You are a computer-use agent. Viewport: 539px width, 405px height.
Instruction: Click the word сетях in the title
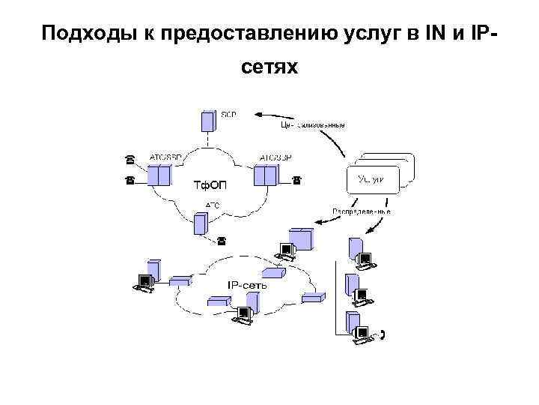tap(269, 68)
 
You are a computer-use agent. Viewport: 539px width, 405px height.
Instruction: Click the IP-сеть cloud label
tap(246, 285)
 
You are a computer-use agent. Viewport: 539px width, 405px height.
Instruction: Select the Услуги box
tap(372, 179)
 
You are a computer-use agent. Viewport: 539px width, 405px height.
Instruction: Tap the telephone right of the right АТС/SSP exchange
tap(296, 180)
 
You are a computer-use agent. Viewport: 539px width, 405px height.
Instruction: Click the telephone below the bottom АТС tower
tap(221, 241)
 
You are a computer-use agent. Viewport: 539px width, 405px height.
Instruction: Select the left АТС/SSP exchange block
tap(159, 175)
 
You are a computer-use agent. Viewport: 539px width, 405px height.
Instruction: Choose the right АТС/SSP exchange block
tap(265, 175)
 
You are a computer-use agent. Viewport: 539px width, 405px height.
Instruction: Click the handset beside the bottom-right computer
tap(383, 335)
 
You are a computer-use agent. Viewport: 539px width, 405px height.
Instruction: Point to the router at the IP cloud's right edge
tap(313, 298)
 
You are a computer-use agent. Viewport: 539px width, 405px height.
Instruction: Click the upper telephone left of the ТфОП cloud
tap(130, 159)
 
